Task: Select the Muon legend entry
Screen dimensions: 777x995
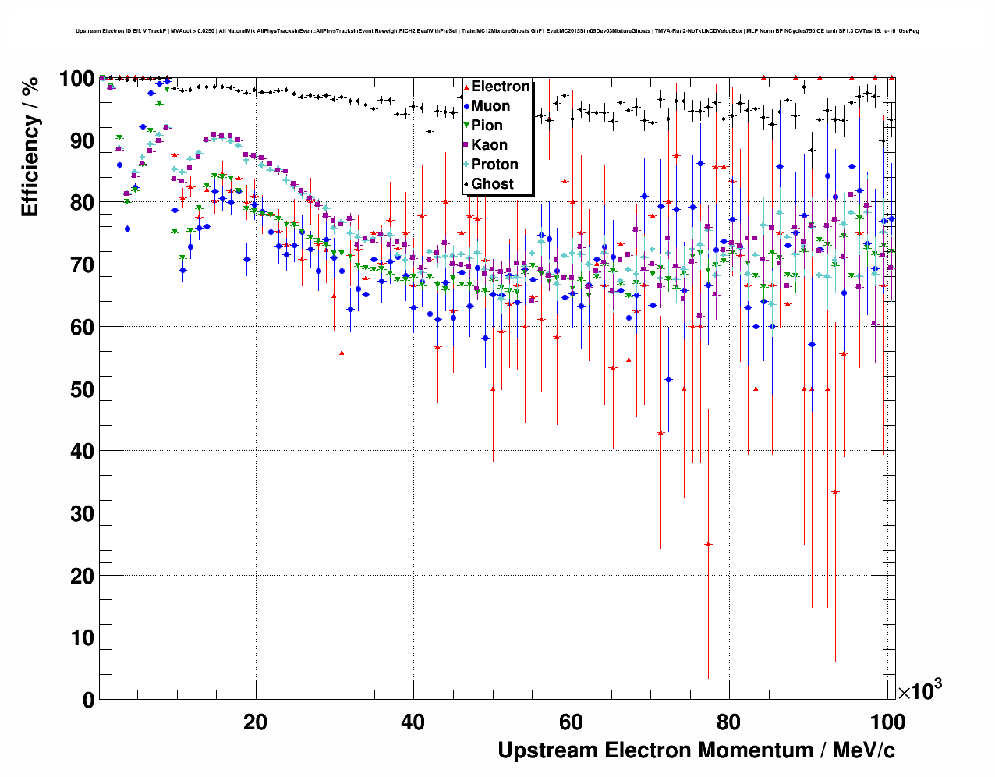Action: tap(490, 106)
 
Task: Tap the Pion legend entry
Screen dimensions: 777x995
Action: tap(487, 126)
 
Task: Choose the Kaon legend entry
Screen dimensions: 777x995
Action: tap(489, 145)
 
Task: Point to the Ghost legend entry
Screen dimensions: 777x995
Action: tap(492, 184)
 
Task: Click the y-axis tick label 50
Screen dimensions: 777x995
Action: tap(78, 389)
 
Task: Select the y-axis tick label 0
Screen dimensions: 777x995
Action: tap(87, 700)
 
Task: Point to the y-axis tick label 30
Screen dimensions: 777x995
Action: tap(78, 513)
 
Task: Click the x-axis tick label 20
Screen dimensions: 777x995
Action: tap(255, 722)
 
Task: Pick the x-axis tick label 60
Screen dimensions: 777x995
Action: tap(571, 722)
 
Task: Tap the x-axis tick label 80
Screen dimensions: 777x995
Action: tap(729, 722)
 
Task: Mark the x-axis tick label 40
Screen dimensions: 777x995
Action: tap(413, 722)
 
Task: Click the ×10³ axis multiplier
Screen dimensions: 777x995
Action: tap(919, 690)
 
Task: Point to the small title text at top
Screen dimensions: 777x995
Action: tap(497, 31)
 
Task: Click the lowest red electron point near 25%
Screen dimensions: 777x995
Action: tap(708, 544)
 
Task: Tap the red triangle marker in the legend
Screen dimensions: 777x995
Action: tap(466, 87)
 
